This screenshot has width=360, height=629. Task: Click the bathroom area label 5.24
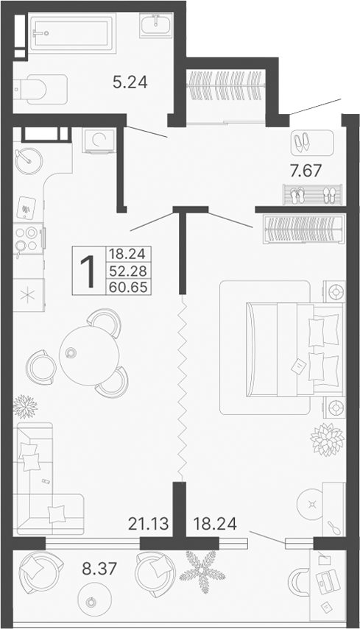click(x=130, y=82)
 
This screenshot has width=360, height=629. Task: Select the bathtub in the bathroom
click(x=71, y=33)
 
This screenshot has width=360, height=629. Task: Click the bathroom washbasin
click(x=155, y=26)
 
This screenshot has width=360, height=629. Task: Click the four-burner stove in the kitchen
click(x=28, y=238)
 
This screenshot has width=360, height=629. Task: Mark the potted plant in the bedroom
click(x=327, y=439)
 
